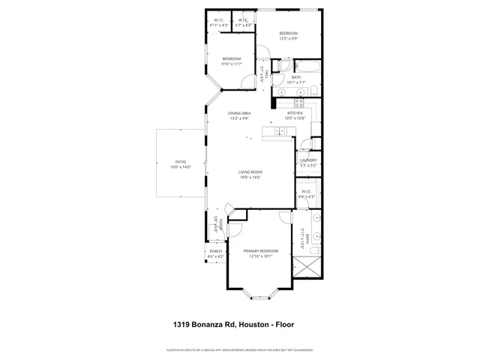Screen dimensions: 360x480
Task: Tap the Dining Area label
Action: [240, 113]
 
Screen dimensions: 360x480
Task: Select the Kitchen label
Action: [294, 113]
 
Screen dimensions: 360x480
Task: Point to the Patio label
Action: [180, 161]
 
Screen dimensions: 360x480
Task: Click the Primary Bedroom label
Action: [261, 250]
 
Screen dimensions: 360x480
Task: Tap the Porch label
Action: [215, 251]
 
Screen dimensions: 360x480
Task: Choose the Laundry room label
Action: [307, 160]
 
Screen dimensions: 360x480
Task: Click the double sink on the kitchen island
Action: [278, 131]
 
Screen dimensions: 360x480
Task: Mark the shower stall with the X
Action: [307, 266]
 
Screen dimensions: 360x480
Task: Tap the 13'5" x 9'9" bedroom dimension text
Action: [289, 39]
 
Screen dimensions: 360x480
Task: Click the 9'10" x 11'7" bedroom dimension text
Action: [231, 64]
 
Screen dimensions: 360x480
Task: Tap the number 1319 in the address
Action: [174, 324]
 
